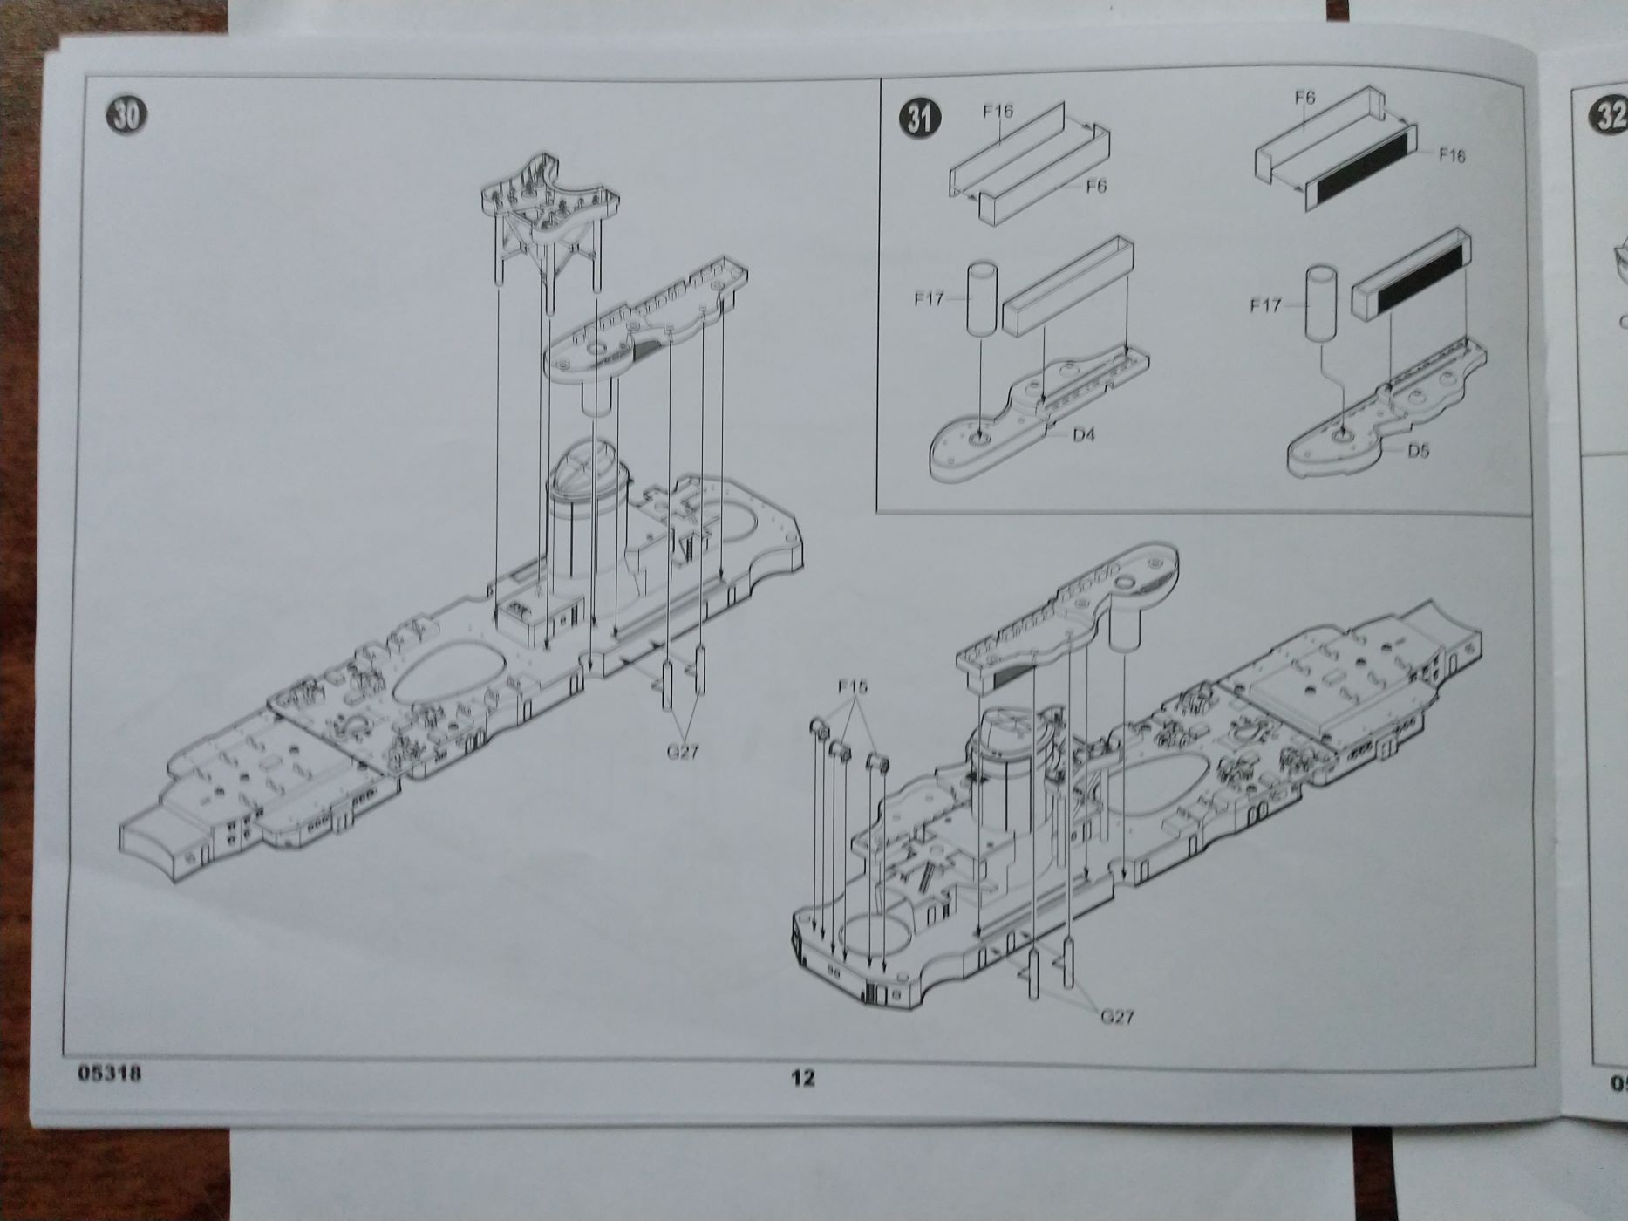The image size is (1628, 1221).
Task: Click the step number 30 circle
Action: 126,113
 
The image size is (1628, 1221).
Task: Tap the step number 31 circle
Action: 918,118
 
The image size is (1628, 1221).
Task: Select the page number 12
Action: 802,1078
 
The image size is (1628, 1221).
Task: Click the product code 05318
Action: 109,1074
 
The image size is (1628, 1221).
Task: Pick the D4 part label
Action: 1083,434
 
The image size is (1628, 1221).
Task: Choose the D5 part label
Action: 1418,451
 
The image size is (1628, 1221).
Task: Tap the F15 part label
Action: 852,687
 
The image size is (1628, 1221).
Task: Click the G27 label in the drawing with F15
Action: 1116,1016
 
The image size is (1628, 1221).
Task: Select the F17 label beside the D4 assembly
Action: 930,299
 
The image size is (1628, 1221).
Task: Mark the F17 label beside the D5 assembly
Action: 1265,305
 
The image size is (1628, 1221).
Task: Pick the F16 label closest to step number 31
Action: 998,111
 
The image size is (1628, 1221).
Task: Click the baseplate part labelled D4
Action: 1029,419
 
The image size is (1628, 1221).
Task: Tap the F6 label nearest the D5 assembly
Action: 1304,98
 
